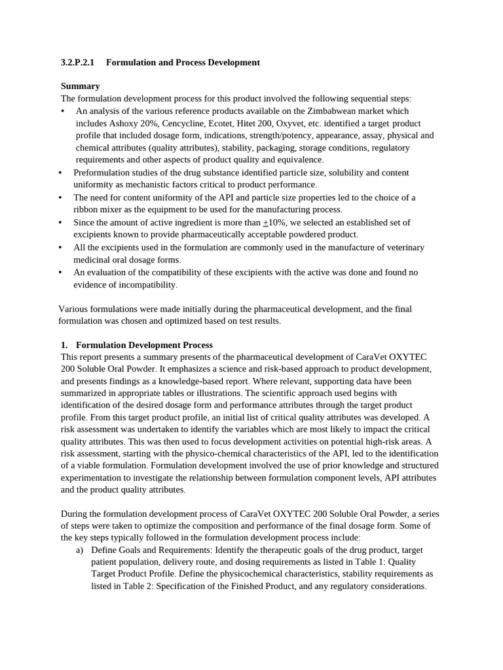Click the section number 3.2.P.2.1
pos(77,63)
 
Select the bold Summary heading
pos(80,86)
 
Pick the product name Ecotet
pos(221,124)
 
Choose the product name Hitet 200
pos(257,124)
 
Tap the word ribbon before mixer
pos(86,210)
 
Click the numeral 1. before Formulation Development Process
pos(64,345)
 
